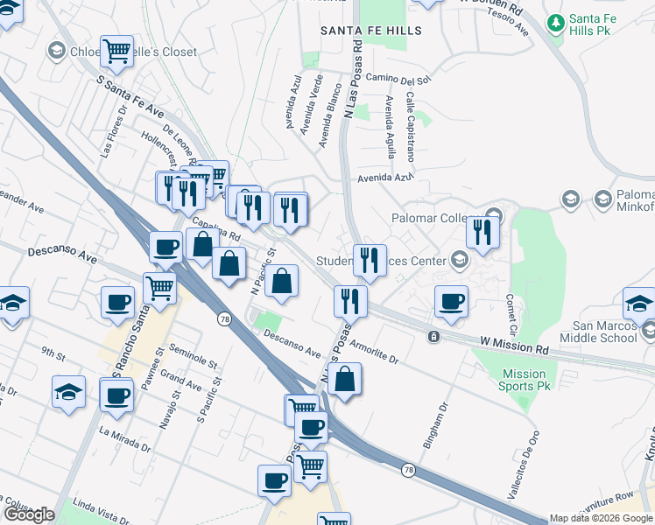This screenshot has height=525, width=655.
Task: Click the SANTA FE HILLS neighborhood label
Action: point(370,31)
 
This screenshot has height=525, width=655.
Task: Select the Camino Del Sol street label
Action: point(399,79)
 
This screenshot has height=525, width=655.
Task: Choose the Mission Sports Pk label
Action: point(524,380)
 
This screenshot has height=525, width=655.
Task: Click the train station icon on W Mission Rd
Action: point(433,336)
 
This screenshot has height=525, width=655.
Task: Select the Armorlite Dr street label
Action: point(373,351)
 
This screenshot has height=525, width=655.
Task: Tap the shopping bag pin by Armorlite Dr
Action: point(346,380)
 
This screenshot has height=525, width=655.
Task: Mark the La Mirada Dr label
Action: point(123,438)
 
